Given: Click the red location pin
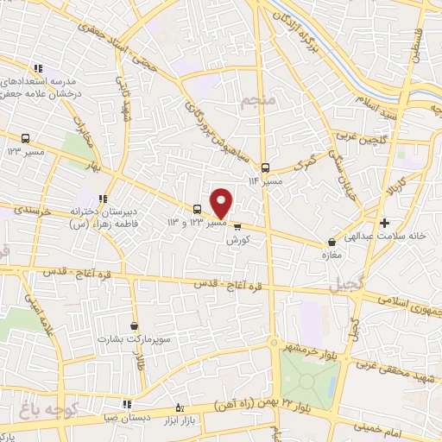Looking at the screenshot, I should [222, 203].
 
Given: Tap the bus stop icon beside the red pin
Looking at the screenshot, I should [198, 209].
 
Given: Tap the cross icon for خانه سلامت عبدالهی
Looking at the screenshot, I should [385, 224].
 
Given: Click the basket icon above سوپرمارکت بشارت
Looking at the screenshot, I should [134, 325].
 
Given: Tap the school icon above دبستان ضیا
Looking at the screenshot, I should [127, 403].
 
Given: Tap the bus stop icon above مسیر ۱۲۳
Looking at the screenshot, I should [25, 138].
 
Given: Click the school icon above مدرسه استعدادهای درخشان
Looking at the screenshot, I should [38, 69].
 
